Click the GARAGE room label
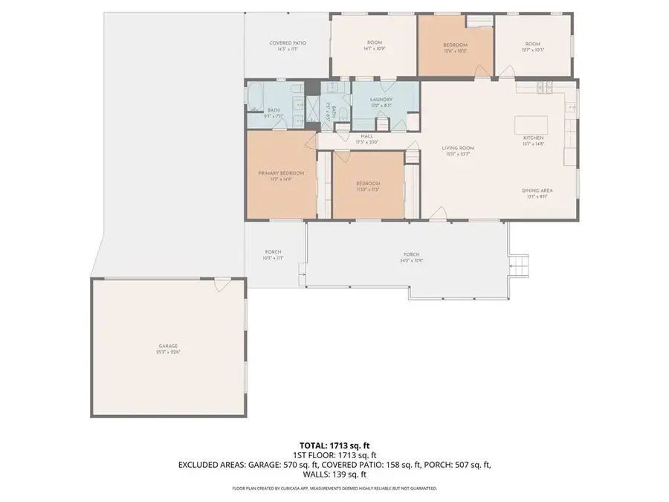tap(168, 346)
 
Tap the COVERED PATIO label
tap(287, 43)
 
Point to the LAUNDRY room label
tap(381, 99)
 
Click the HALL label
tap(367, 136)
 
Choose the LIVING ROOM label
tap(459, 148)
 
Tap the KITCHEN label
tap(533, 138)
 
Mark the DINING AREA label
tap(536, 191)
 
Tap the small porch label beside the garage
tap(273, 254)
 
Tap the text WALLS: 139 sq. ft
tap(334, 474)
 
